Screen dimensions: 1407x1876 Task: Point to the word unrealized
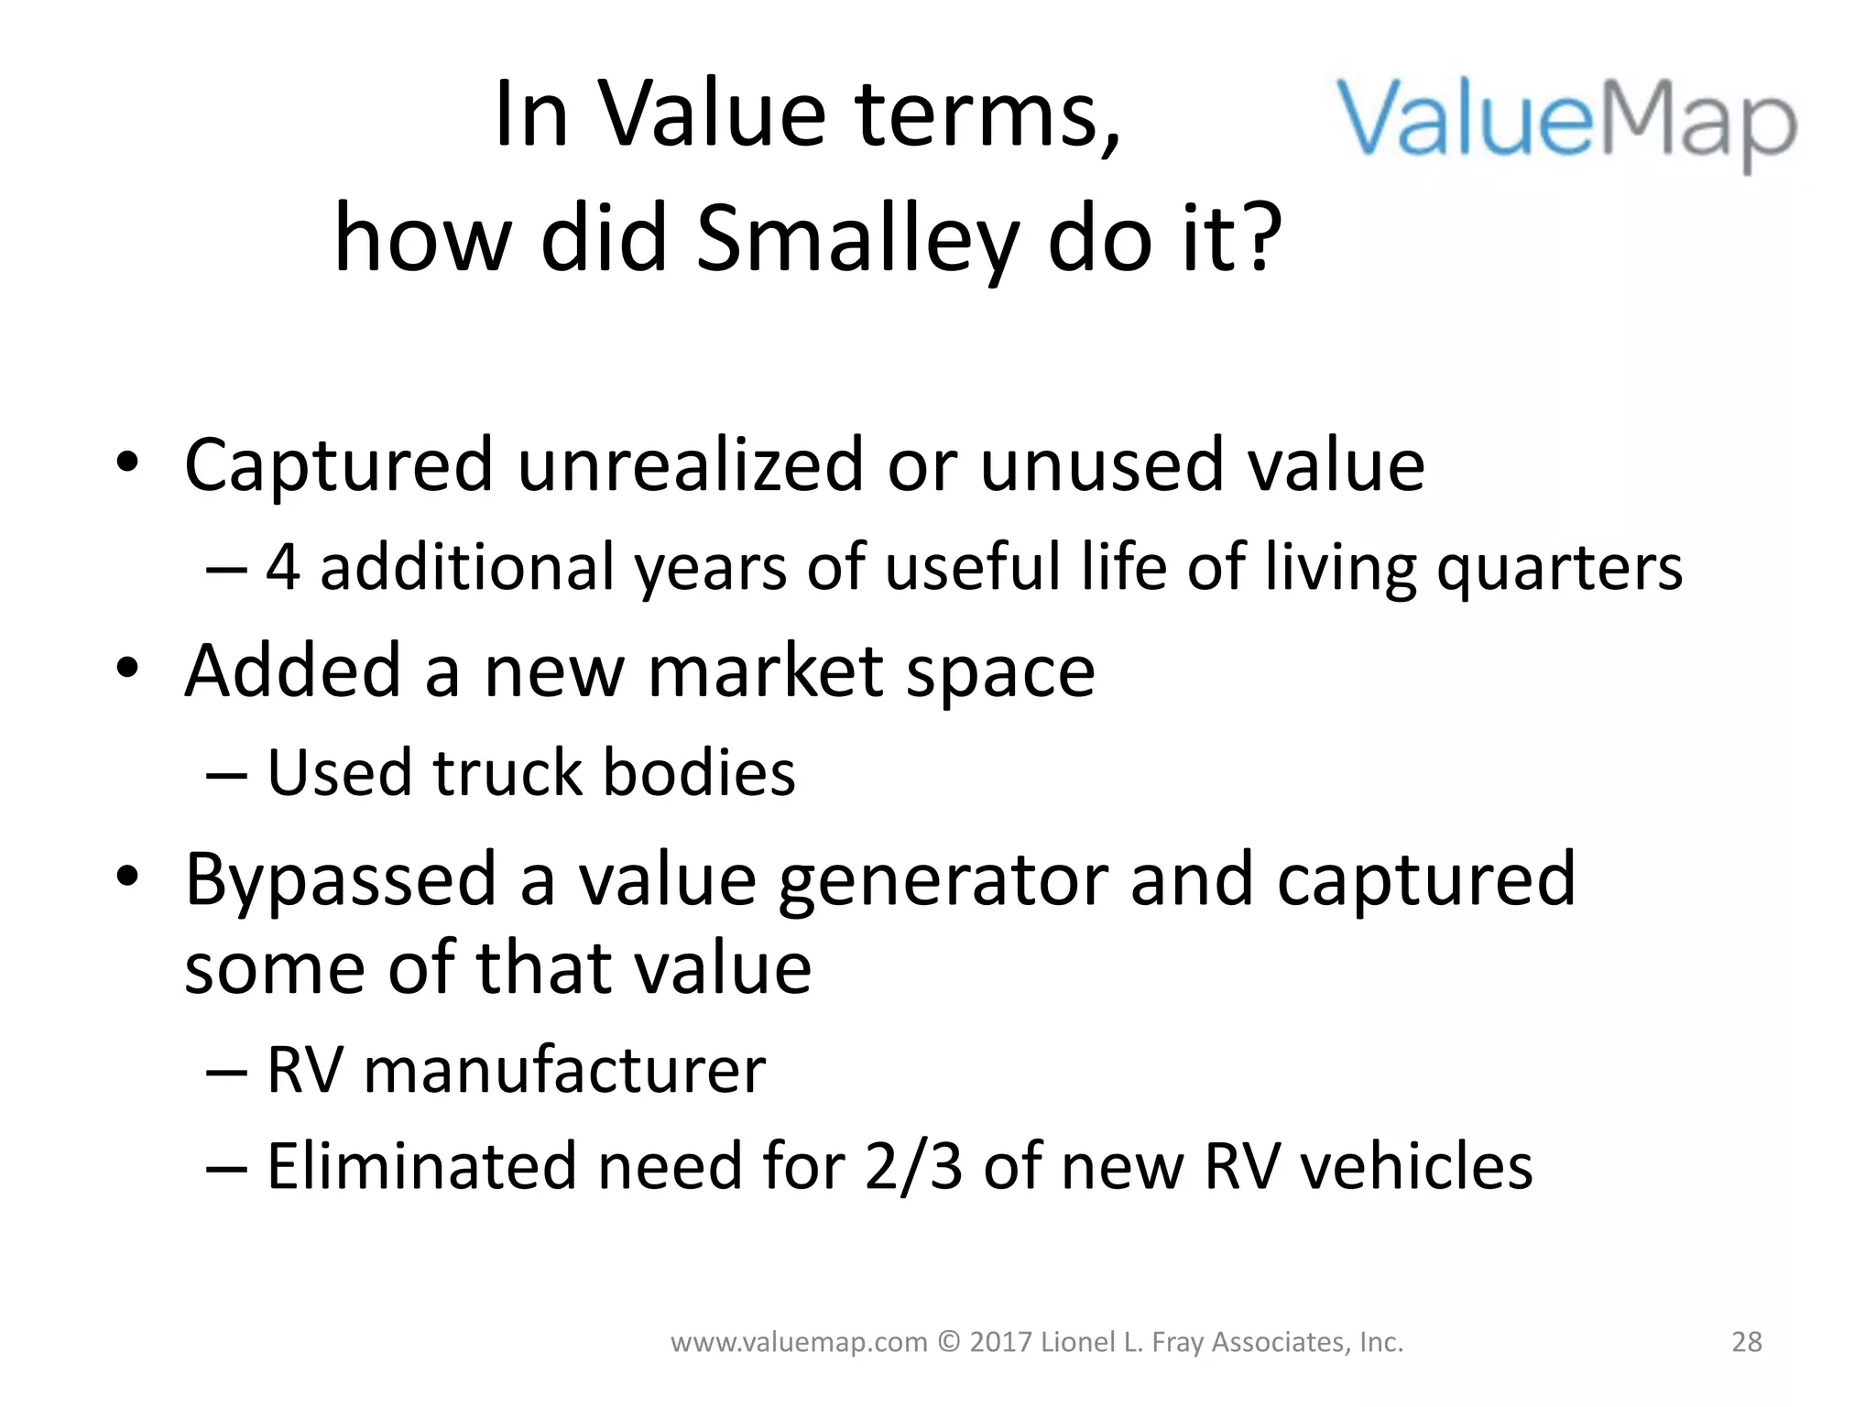(x=692, y=464)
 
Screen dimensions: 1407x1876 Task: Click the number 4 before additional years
(x=283, y=567)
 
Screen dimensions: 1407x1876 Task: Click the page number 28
(x=1747, y=1342)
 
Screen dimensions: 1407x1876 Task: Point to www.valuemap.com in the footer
(x=799, y=1343)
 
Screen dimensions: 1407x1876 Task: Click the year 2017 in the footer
(x=1001, y=1342)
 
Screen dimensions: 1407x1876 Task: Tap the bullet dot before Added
(x=127, y=669)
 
